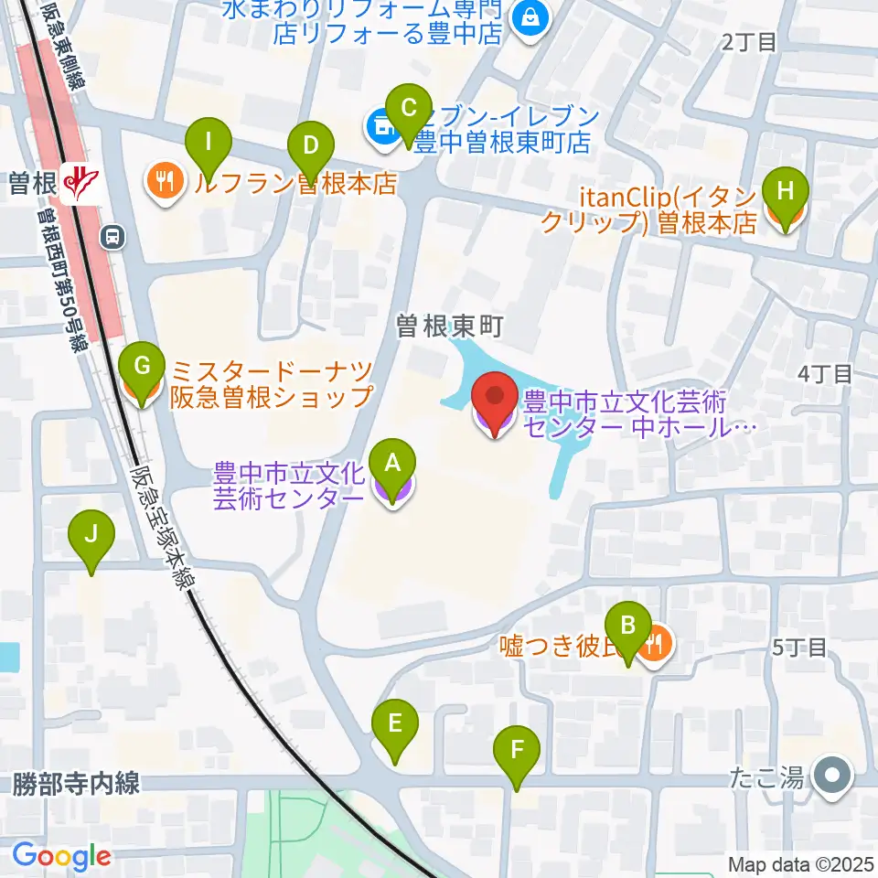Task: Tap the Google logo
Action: (x=61, y=857)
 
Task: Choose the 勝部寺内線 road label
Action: (x=76, y=784)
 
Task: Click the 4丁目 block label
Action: (x=824, y=373)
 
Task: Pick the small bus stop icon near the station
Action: (x=112, y=238)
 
